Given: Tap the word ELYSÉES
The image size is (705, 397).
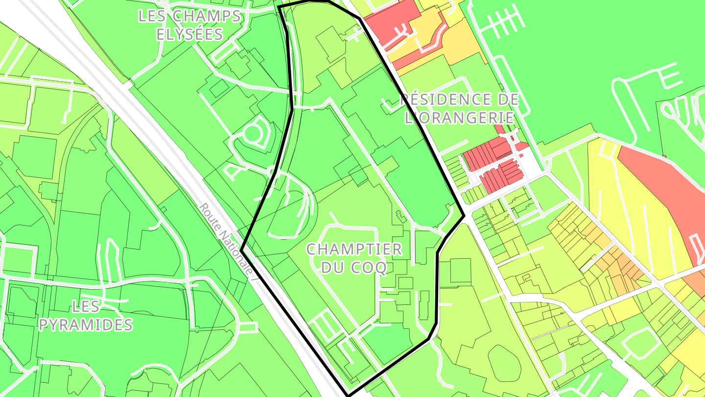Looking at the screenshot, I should [189, 34].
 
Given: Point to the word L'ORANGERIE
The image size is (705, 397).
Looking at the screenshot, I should [459, 118].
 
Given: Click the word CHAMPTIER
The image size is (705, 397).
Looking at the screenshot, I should [353, 249].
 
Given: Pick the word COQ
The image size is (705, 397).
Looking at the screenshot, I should [371, 267].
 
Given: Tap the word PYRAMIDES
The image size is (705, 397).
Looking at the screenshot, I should [86, 324].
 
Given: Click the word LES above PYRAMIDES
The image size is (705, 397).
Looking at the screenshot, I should [86, 307].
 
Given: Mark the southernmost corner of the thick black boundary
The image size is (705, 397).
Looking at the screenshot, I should [348, 395].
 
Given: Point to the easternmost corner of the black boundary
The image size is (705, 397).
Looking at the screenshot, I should [464, 215].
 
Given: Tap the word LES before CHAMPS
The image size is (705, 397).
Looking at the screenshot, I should [153, 16].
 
